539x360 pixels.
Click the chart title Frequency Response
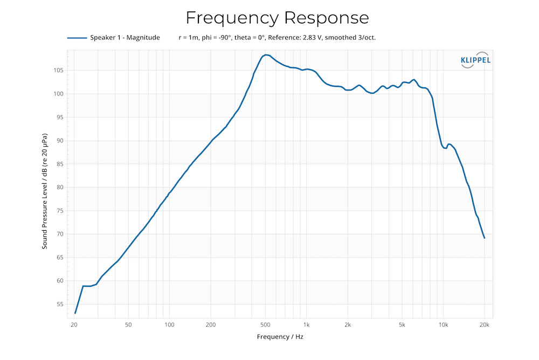coord(277,18)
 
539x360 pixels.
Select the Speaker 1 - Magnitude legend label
coord(125,38)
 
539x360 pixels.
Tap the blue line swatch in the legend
coord(77,38)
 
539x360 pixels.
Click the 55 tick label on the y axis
coord(60,305)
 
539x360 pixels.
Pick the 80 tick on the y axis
coord(60,188)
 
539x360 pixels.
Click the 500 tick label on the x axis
coord(265,325)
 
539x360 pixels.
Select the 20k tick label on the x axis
coord(484,325)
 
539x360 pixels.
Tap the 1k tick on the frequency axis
coord(306,325)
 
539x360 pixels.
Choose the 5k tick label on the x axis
coord(402,325)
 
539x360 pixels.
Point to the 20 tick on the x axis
coord(74,325)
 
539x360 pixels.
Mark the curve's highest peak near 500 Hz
coord(265,55)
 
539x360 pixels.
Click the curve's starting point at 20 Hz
coord(75,313)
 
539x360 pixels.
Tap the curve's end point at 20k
coord(485,238)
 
